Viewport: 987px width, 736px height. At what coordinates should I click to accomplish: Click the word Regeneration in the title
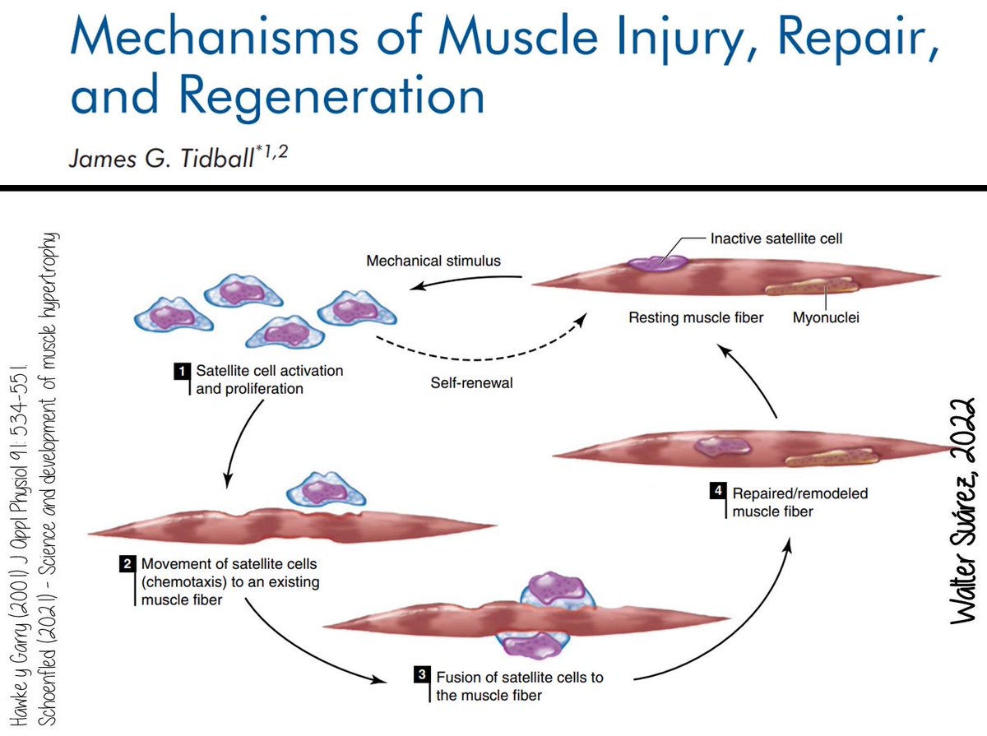(333, 95)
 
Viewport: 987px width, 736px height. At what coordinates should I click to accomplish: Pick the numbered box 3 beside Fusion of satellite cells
(421, 677)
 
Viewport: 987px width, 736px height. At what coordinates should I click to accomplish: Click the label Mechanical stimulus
(433, 262)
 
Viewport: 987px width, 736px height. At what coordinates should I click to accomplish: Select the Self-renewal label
(471, 383)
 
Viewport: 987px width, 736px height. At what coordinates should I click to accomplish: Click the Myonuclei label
(826, 317)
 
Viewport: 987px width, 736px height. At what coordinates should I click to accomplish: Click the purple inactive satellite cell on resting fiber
(657, 262)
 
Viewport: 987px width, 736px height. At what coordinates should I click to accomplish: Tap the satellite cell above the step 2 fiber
(317, 490)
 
